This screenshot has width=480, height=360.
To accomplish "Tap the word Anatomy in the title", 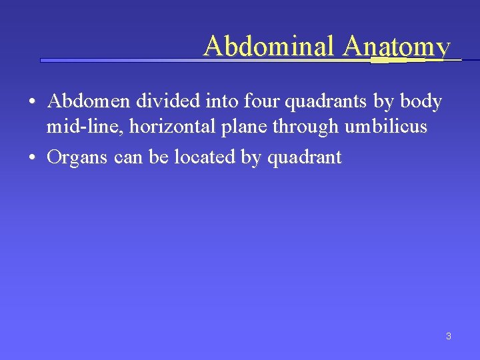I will [397, 45].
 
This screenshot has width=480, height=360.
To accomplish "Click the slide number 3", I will [448, 336].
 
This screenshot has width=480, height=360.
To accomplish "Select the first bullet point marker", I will [32, 103].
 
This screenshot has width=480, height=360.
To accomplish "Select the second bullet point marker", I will [32, 158].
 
